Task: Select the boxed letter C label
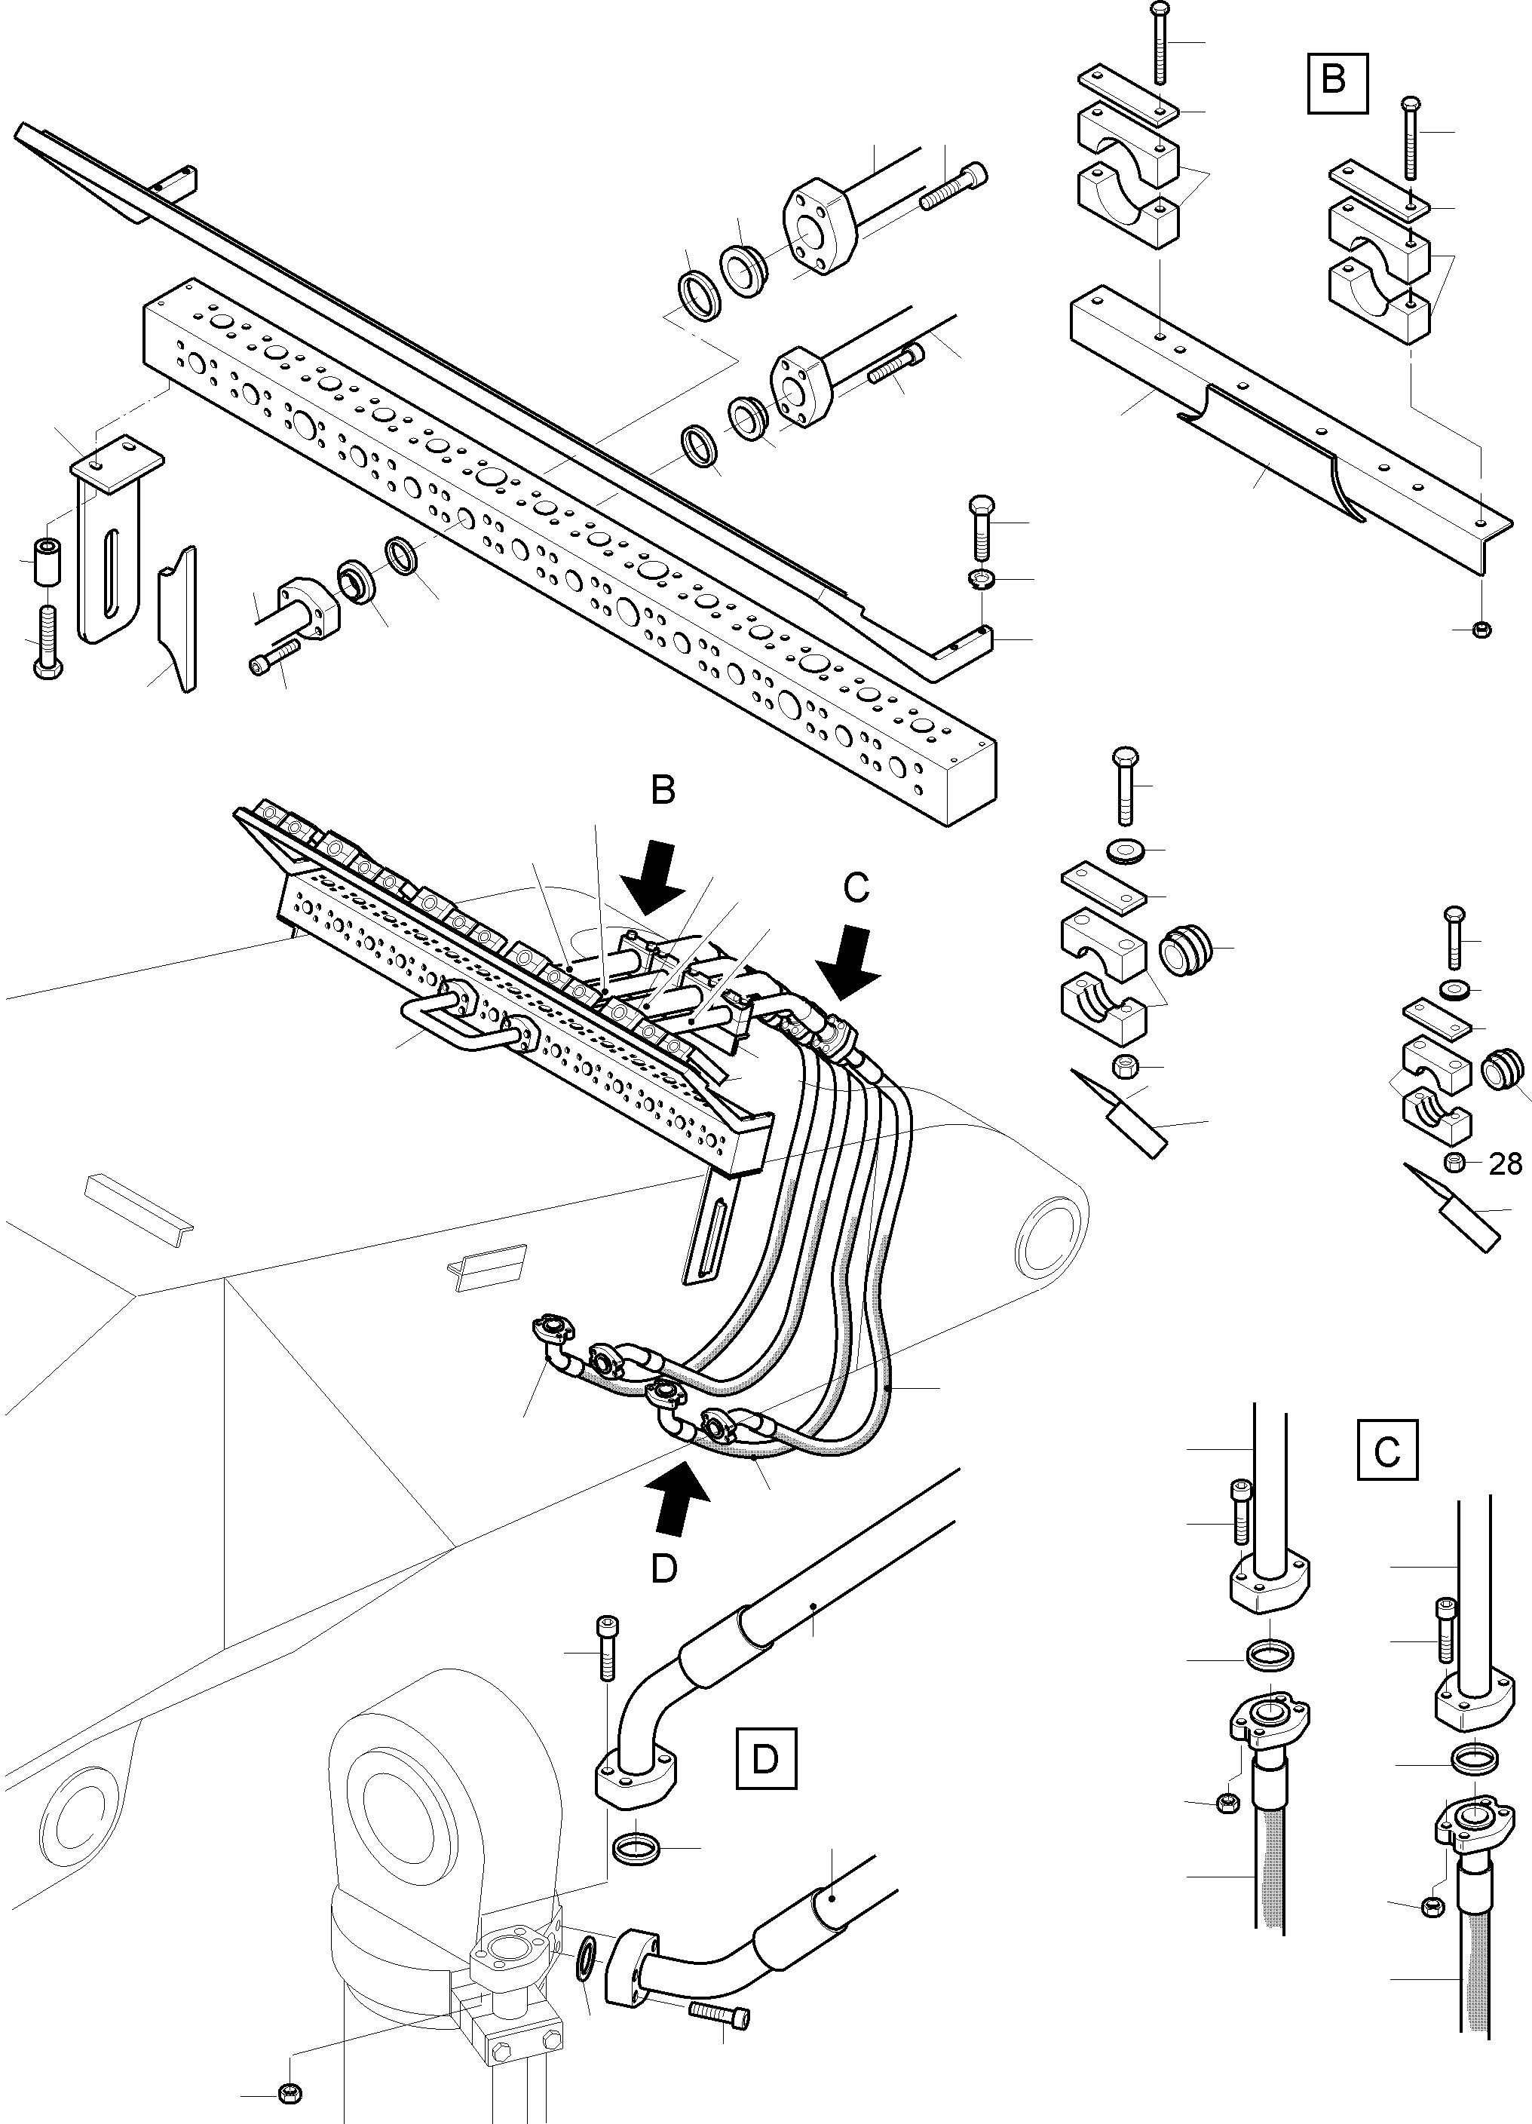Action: pos(1386,1451)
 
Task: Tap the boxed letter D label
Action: pos(765,1759)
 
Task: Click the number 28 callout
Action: pos(1505,1164)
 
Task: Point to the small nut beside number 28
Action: pos(1455,1163)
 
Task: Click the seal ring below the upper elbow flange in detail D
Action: pos(637,1848)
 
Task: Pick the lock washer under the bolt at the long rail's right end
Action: pos(982,578)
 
